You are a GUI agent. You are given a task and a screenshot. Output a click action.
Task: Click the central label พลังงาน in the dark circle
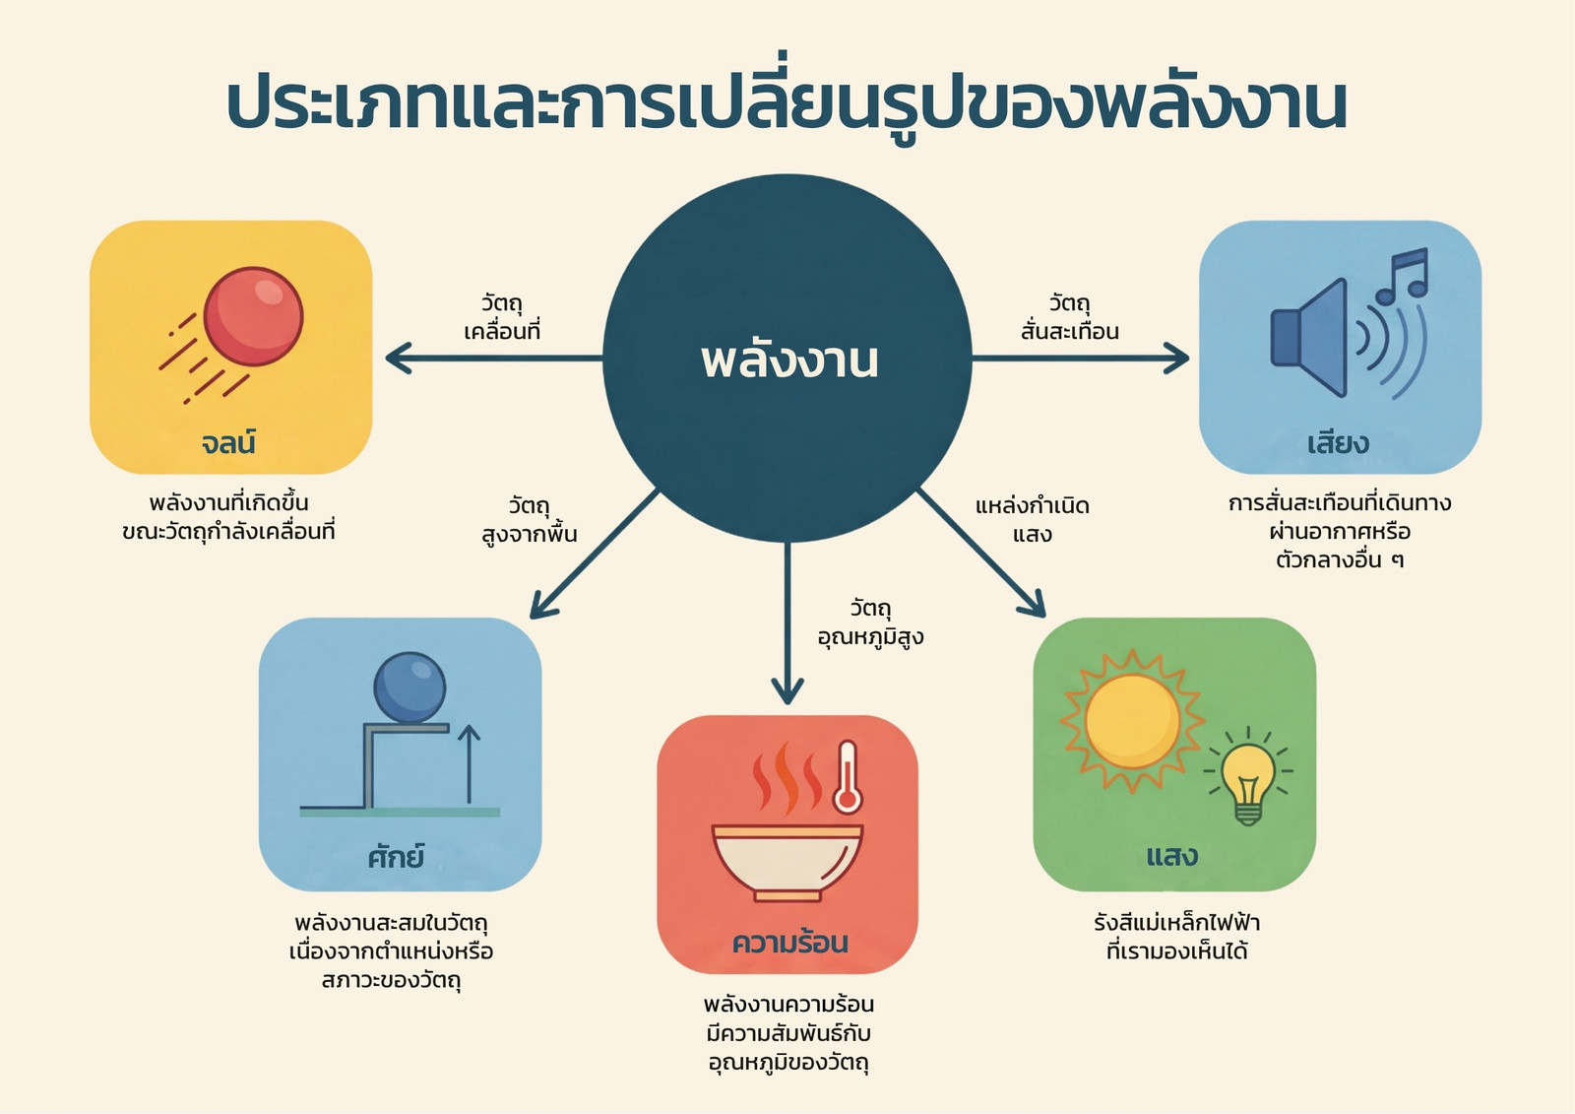(x=788, y=361)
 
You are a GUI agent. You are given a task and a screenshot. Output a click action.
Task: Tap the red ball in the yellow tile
(x=253, y=317)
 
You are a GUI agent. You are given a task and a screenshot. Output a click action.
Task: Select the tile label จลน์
(x=228, y=442)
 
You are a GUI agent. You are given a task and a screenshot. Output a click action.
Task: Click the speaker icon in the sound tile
(x=1309, y=338)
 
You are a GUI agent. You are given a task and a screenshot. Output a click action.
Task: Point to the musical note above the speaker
(x=1402, y=275)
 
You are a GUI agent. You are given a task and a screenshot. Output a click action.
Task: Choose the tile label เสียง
(x=1338, y=443)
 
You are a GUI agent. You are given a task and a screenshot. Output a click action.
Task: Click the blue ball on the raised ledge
(x=409, y=688)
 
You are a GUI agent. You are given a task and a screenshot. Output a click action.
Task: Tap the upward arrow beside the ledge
(x=469, y=763)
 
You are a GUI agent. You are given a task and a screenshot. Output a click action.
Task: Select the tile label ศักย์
(x=396, y=857)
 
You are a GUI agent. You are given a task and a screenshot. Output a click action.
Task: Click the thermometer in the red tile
(x=848, y=777)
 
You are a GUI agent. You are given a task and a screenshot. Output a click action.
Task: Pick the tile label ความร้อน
(x=789, y=943)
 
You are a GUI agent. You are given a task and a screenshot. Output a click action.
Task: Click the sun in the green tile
(x=1132, y=721)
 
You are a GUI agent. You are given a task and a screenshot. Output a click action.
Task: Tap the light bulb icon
(x=1249, y=776)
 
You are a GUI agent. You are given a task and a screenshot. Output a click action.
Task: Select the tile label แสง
(x=1172, y=857)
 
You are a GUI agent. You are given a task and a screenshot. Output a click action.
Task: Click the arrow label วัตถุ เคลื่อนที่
(x=501, y=317)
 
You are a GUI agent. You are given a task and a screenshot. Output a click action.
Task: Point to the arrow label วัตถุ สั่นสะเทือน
(x=1069, y=317)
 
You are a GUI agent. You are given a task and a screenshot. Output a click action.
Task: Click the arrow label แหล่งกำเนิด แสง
(x=1033, y=520)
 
